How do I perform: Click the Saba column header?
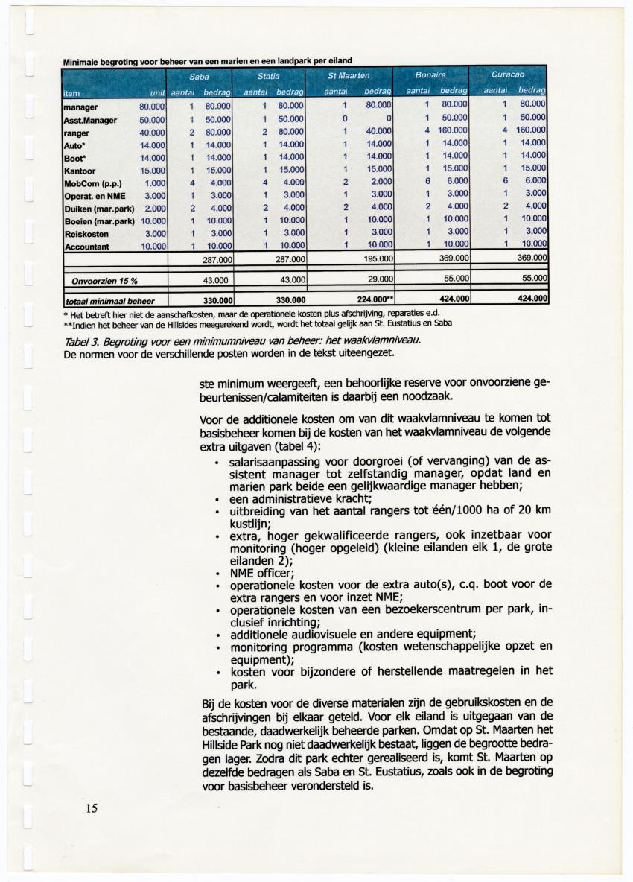[x=199, y=76]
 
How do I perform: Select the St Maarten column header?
[x=349, y=76]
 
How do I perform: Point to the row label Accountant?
[x=87, y=247]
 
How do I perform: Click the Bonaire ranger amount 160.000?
[x=451, y=132]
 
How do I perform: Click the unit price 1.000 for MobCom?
[x=154, y=183]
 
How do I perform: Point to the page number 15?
[x=91, y=808]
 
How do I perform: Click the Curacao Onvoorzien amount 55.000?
[x=532, y=278]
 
